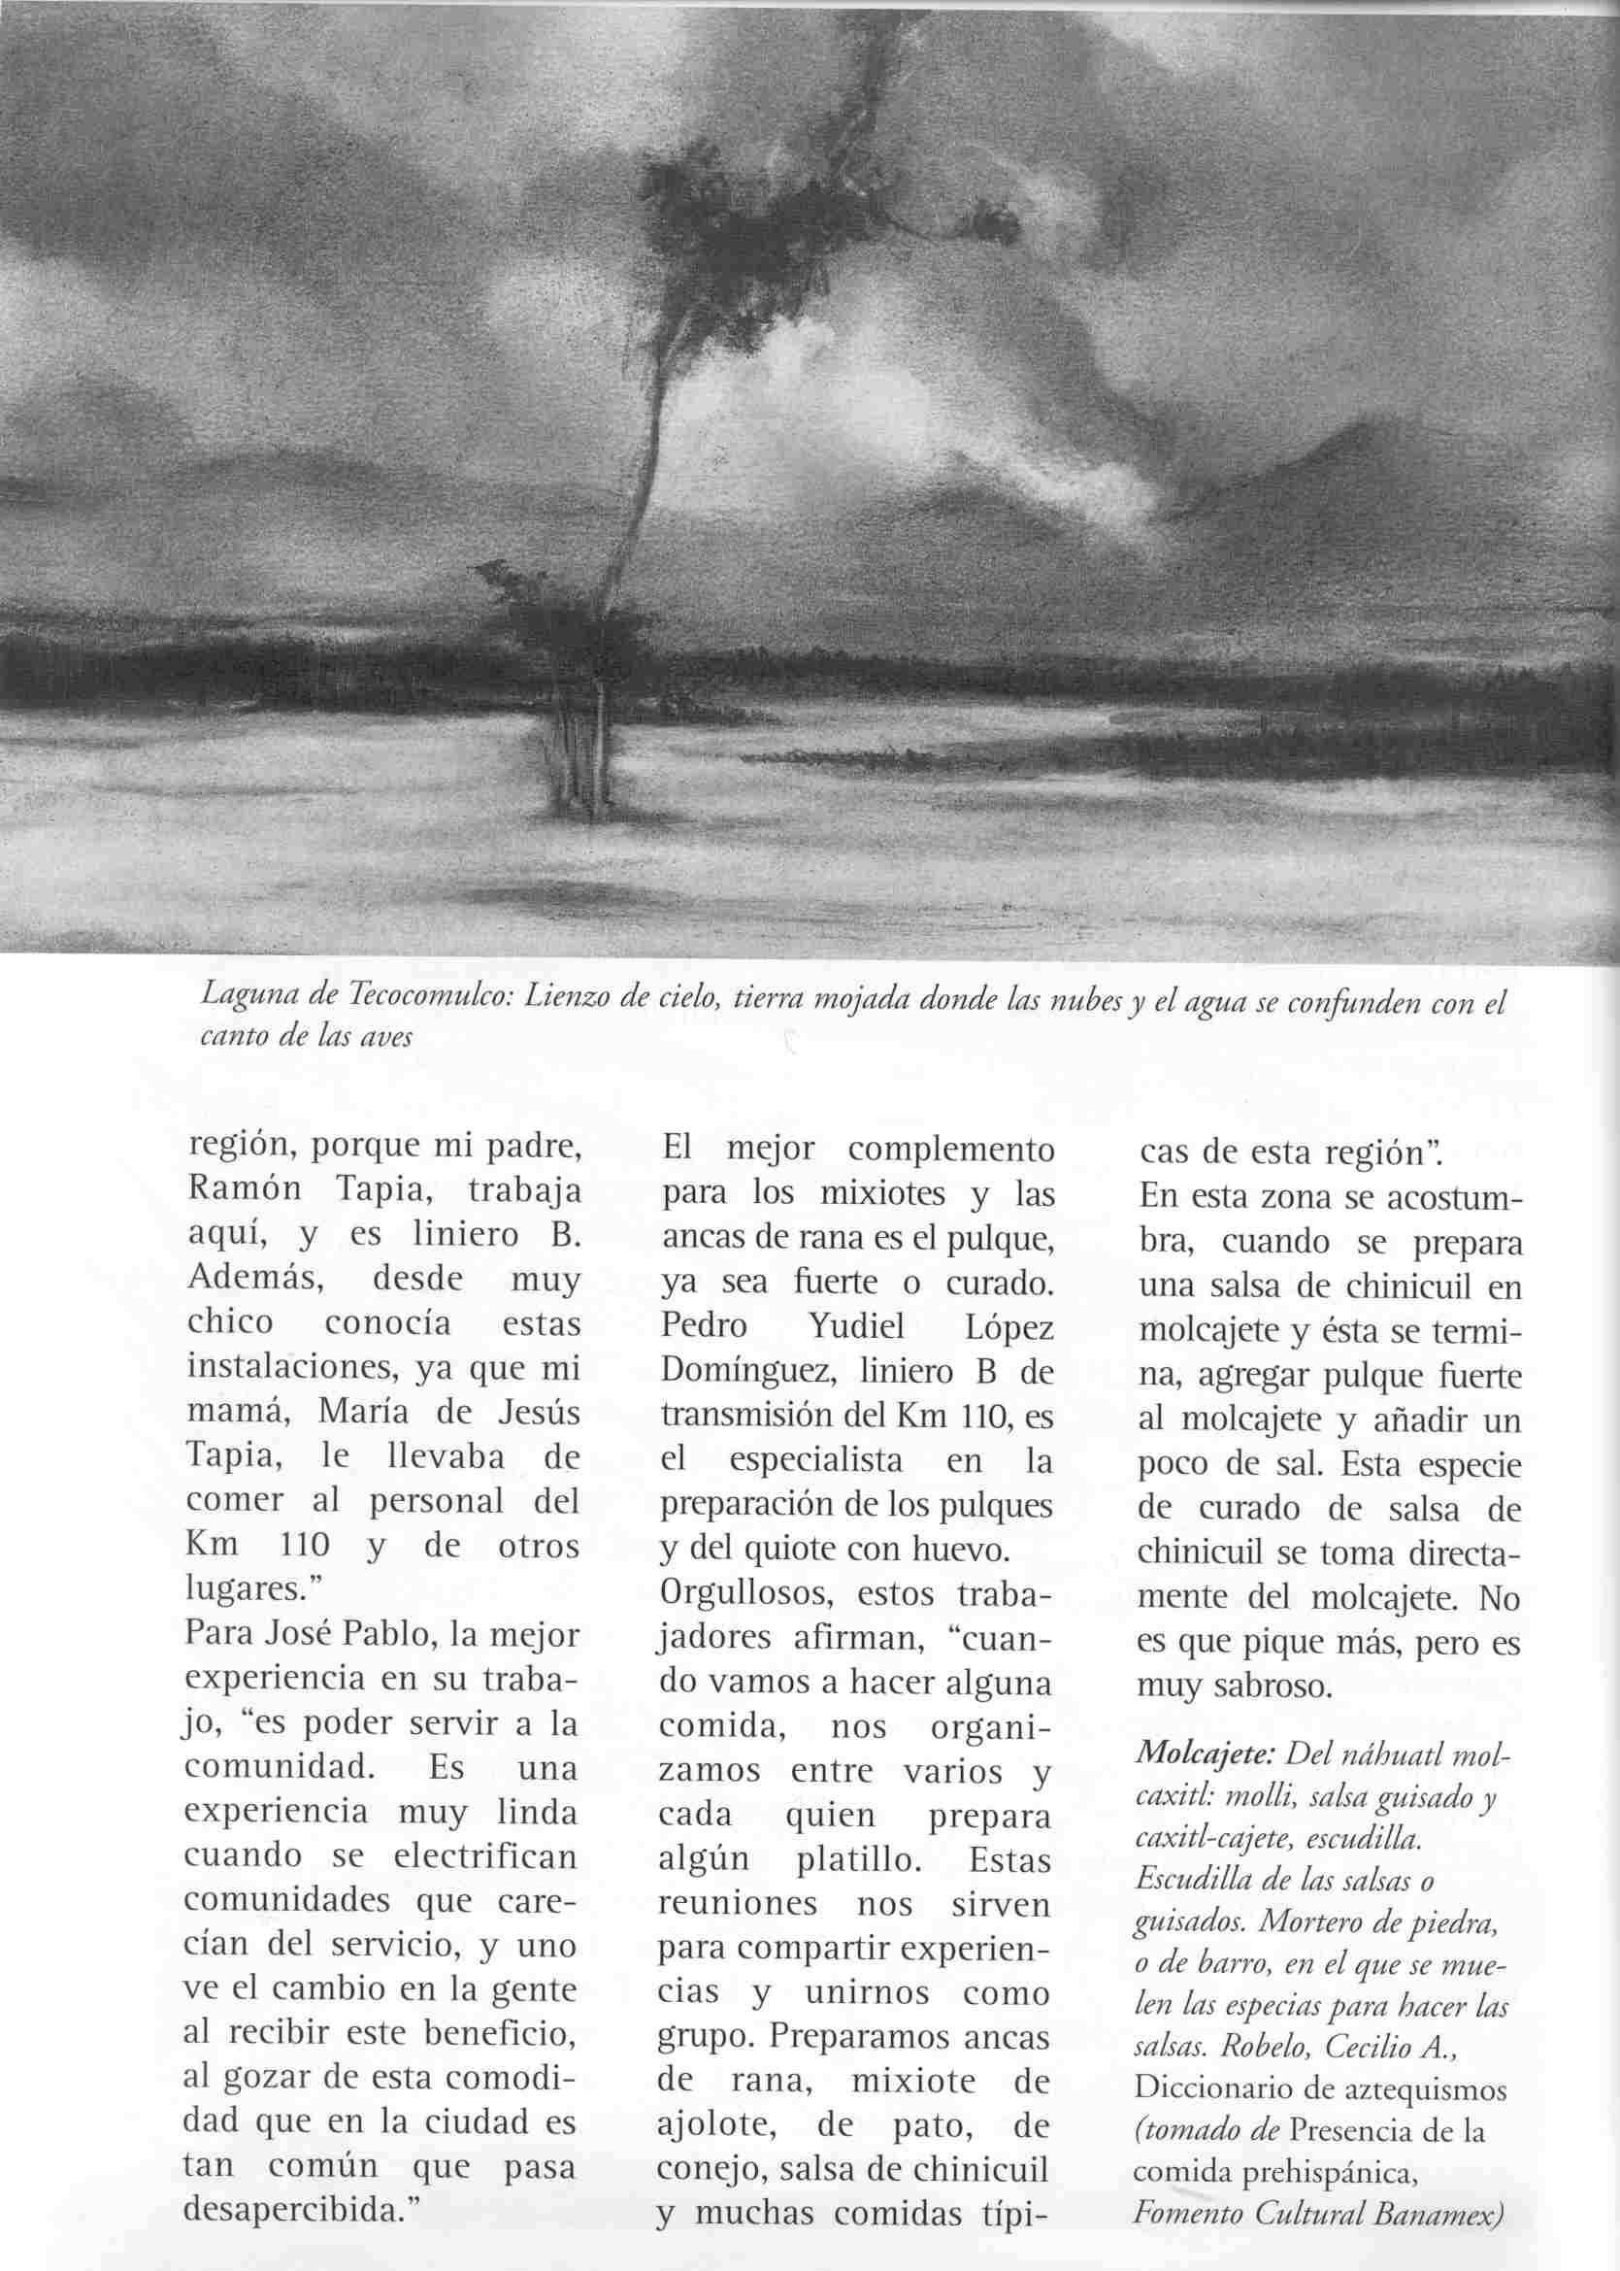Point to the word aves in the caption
tap(386, 1037)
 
